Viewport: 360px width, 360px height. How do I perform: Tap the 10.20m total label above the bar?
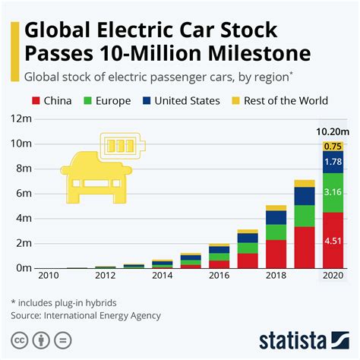pos(332,131)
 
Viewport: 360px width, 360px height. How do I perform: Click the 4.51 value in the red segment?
pos(332,242)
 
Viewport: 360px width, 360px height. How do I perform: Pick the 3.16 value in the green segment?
pos(332,193)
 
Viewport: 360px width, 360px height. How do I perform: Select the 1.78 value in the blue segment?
pos(332,162)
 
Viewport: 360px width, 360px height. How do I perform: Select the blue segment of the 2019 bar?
pos(304,196)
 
